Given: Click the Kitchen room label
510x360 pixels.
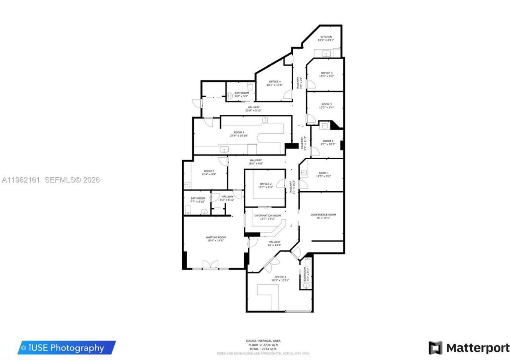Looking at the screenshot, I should coord(326,37).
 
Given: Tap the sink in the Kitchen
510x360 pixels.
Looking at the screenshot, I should coord(326,54).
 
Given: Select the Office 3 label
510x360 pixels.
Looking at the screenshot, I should coord(326,73).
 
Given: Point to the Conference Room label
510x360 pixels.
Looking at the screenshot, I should coord(323,215).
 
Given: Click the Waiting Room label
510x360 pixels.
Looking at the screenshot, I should coord(216,237).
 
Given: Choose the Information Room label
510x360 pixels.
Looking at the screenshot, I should coord(267,215).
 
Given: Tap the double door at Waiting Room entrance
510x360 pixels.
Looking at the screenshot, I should coord(210,265).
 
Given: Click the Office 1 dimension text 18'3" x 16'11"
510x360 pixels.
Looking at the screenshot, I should coord(280,280).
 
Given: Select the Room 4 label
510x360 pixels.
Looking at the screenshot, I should coord(239,132).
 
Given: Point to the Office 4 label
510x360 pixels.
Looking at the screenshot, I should coord(275,82).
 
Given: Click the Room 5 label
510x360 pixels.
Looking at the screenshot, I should coord(210,171).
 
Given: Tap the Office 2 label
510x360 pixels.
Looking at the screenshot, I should coord(265,184).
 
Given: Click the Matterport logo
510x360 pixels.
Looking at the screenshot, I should coord(469,348).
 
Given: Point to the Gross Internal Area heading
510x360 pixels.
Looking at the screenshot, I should coord(263,341).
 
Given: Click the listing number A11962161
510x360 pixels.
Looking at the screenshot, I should coord(21,180).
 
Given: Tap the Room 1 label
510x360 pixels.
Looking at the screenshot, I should coord(323,173).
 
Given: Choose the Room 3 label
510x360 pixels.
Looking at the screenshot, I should coord(326,104).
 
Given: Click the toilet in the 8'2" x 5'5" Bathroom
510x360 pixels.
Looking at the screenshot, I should coord(250,86).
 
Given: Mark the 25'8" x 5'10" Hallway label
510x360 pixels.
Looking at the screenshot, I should coord(253,107).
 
